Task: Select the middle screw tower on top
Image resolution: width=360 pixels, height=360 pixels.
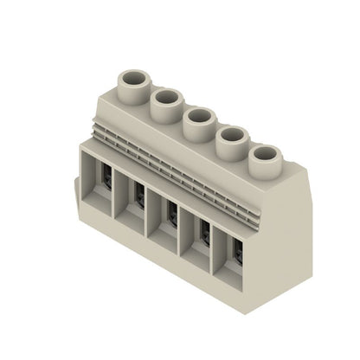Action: tap(198, 121)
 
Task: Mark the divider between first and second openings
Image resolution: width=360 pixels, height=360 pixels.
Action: tap(115, 197)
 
